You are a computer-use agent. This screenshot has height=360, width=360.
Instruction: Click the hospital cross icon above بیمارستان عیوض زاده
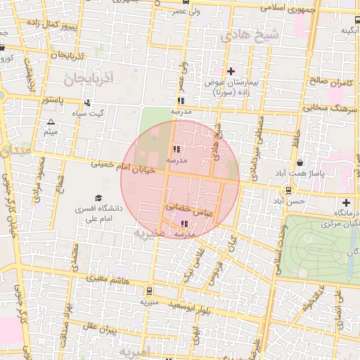pos(231,71)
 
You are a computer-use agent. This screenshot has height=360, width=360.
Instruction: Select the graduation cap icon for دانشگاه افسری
pos(98,198)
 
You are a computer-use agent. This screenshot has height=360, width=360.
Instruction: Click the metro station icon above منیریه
pos(148,290)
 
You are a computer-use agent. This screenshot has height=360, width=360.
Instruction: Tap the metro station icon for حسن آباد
pos(288,190)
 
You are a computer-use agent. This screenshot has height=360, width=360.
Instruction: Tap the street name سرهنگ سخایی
pos(332,109)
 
